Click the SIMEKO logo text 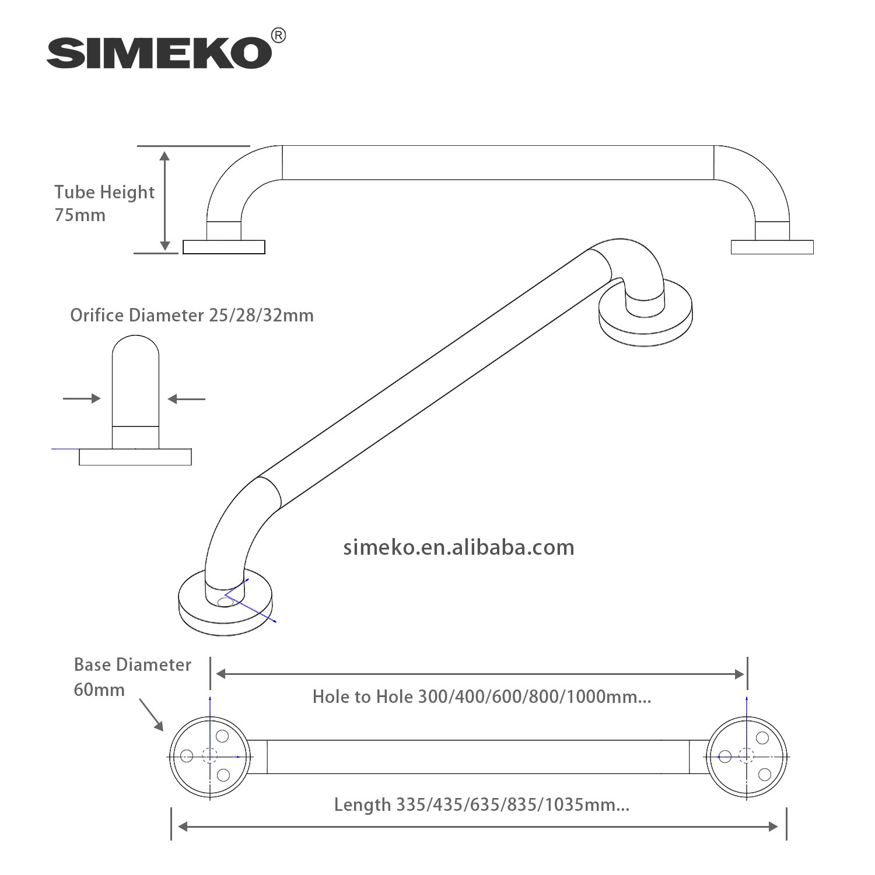pos(159,53)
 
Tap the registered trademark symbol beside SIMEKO pos(279,36)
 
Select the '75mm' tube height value pos(80,215)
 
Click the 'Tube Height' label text pos(104,192)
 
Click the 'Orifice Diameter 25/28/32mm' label pos(192,316)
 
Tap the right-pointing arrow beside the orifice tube pos(82,398)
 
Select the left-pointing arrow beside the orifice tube pos(186,399)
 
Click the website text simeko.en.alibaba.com pos(459,547)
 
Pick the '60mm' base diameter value pos(99,690)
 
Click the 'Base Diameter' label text pos(132,665)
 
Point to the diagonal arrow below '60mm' pos(151,715)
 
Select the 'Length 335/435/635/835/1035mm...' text pos(482,805)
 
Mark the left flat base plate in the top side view pos(224,247)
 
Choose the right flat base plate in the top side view pos(772,247)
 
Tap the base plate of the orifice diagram pos(135,457)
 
